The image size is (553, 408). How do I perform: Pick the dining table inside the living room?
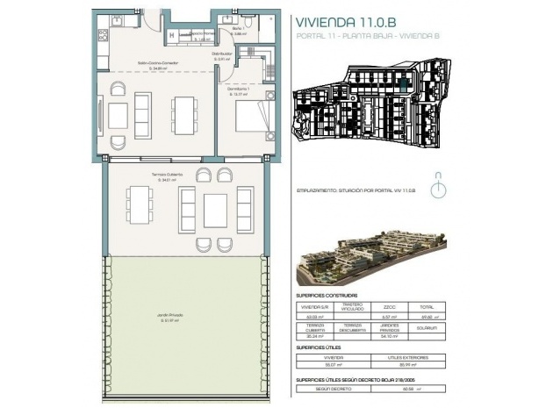[183, 112]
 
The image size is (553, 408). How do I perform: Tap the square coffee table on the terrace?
[216, 209]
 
